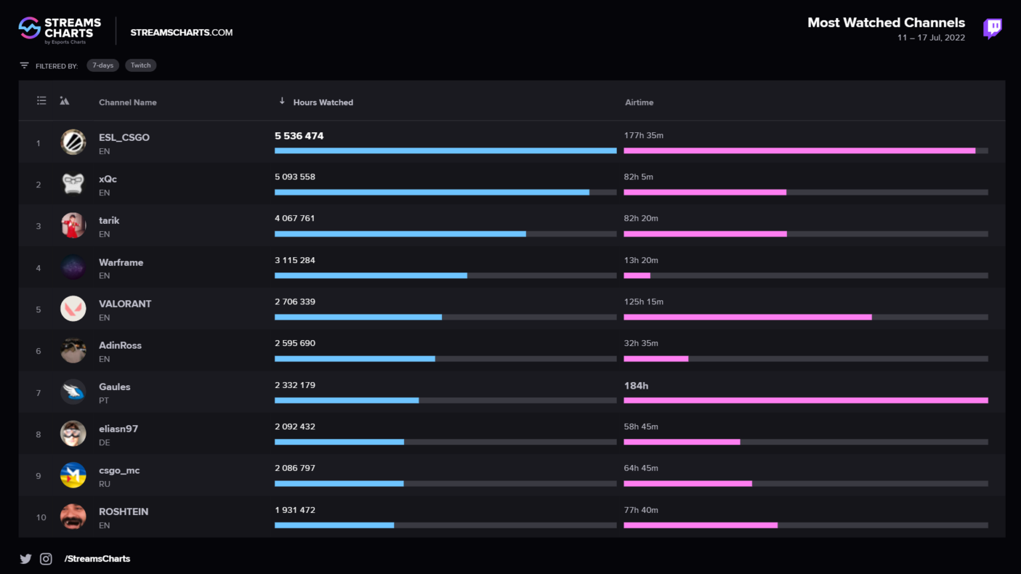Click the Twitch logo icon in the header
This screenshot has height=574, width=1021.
(x=992, y=29)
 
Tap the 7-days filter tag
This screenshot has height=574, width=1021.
(x=103, y=65)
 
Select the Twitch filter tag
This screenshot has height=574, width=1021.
(x=140, y=65)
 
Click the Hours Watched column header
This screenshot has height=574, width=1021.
(x=322, y=102)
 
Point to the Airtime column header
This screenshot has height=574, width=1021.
(x=639, y=102)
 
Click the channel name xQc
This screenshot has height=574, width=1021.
(x=108, y=179)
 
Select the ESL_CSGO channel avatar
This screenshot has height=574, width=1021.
(x=73, y=142)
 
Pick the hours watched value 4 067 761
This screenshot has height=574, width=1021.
(x=294, y=219)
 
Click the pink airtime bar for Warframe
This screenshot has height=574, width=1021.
(x=637, y=276)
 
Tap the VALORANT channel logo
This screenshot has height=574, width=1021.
(x=73, y=308)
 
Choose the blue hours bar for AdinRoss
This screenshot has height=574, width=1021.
(x=354, y=359)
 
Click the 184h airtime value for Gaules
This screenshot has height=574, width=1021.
(x=636, y=386)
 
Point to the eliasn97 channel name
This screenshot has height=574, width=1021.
(x=118, y=429)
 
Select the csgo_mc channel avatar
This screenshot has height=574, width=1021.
(x=73, y=475)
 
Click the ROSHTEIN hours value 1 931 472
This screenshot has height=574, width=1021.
(x=294, y=510)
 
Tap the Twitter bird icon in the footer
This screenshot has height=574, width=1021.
(x=26, y=559)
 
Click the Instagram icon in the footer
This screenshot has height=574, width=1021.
(x=46, y=559)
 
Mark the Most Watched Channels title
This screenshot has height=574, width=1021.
(x=885, y=23)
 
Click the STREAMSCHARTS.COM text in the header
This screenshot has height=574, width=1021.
(x=181, y=33)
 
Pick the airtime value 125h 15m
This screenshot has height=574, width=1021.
(x=643, y=302)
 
